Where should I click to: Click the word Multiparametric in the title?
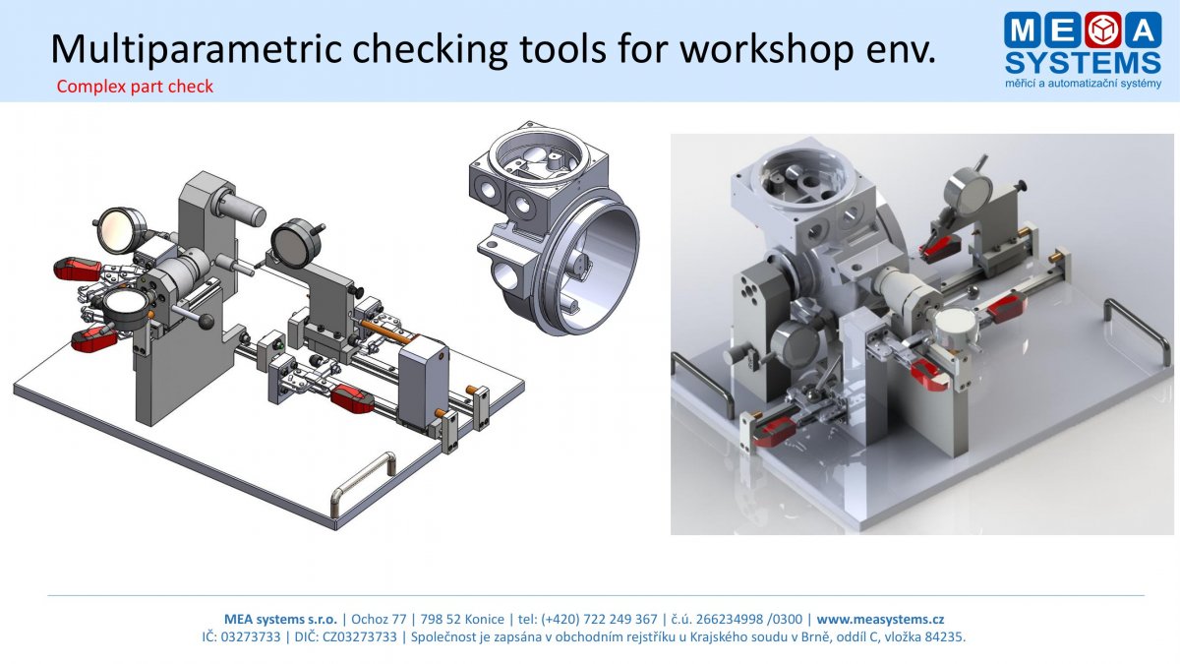tap(196, 49)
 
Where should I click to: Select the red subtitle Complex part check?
tap(135, 87)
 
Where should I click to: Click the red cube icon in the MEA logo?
tap(1103, 30)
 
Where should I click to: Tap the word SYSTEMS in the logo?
tap(1083, 63)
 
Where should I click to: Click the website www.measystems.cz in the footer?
tap(880, 619)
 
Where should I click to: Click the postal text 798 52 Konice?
tap(462, 619)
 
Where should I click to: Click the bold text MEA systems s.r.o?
tap(281, 619)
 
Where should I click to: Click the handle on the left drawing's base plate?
tap(363, 481)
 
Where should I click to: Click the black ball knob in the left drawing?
tap(206, 321)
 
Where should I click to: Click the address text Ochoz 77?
tap(379, 619)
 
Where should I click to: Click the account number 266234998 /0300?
tap(749, 619)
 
